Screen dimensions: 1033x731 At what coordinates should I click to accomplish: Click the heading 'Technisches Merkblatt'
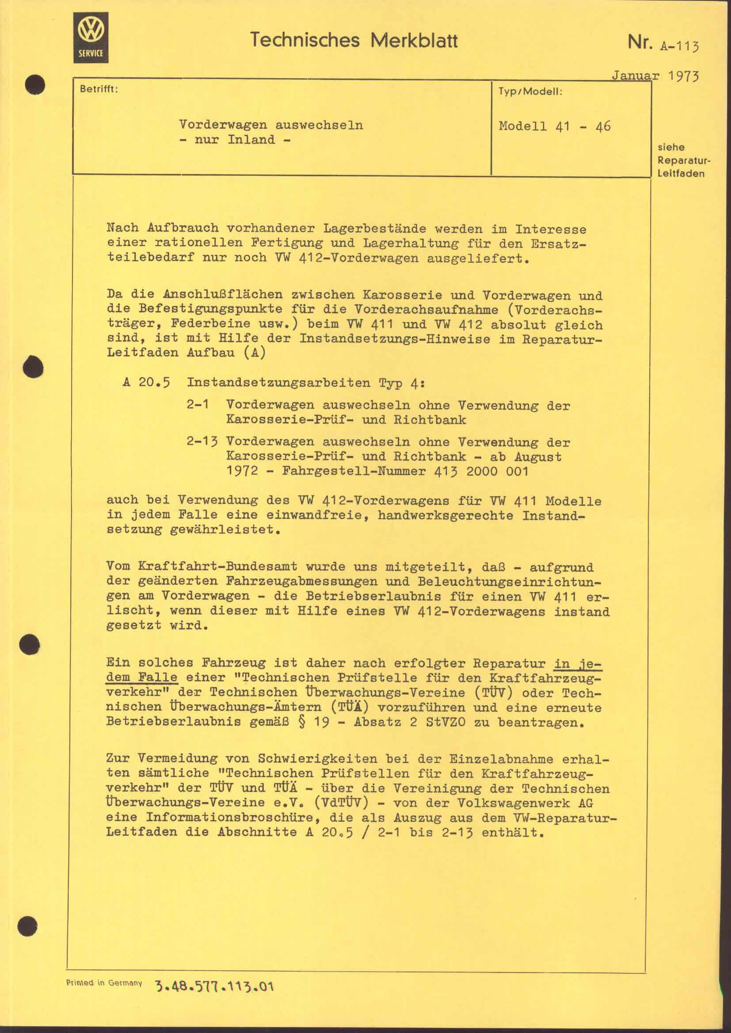pos(354,41)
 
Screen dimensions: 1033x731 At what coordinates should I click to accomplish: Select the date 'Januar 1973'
pos(655,76)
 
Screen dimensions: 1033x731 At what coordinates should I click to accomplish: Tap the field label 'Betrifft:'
pos(99,89)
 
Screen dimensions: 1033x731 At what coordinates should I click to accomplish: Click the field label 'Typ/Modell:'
pos(530,92)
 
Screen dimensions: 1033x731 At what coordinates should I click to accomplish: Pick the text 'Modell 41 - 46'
pos(555,126)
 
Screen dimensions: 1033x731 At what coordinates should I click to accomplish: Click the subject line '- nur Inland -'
pos(235,140)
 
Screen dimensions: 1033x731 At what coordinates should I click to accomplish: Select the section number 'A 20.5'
pos(146,383)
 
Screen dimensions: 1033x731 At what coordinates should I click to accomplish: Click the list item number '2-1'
pos(198,405)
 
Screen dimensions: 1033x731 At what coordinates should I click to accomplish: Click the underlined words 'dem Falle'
pos(142,677)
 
